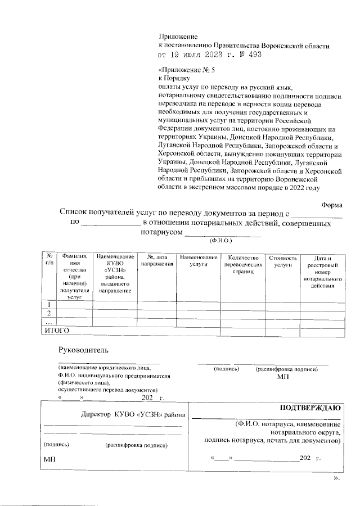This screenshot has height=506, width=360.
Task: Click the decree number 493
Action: pos(253,55)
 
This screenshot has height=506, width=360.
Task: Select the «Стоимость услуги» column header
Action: pos(283,260)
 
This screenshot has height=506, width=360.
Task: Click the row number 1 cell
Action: pos(50,305)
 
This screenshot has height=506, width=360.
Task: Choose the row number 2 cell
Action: pos(50,313)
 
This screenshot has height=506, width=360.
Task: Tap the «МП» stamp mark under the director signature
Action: pos(49,460)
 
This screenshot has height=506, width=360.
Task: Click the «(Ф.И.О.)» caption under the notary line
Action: pos(221,240)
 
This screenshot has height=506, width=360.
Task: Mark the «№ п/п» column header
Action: pos(49,260)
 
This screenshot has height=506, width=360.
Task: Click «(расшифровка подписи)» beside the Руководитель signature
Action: pos(286,369)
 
